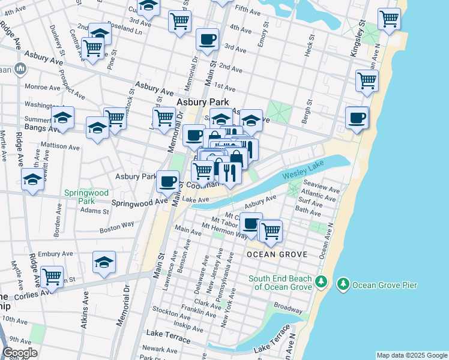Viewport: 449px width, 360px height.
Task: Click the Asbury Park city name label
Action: click(202, 102)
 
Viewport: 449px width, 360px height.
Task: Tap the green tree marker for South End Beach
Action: click(322, 282)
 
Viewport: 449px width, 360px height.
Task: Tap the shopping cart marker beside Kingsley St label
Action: click(389, 19)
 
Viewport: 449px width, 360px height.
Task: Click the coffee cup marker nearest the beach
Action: click(357, 118)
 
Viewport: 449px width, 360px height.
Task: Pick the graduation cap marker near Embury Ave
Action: click(104, 262)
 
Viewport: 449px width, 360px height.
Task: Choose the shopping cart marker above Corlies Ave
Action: click(52, 277)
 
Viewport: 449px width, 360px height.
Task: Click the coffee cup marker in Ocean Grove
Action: click(251, 223)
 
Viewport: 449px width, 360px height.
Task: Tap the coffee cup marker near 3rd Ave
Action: click(207, 40)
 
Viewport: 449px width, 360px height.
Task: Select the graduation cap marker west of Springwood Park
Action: click(32, 179)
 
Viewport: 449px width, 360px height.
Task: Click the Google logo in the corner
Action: click(20, 353)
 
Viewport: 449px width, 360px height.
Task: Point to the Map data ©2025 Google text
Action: click(411, 355)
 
